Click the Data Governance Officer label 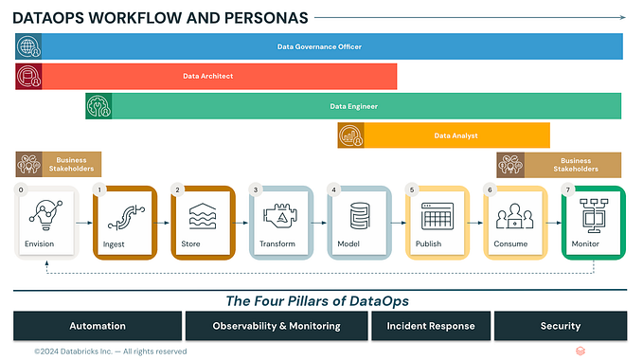click(x=319, y=46)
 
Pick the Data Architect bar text click(x=207, y=76)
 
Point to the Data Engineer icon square click(x=98, y=106)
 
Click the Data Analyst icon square click(x=351, y=135)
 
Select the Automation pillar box click(x=98, y=326)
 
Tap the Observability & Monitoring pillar click(x=276, y=326)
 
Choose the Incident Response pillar click(x=430, y=326)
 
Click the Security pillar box click(x=560, y=326)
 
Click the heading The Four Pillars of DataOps click(x=319, y=301)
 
